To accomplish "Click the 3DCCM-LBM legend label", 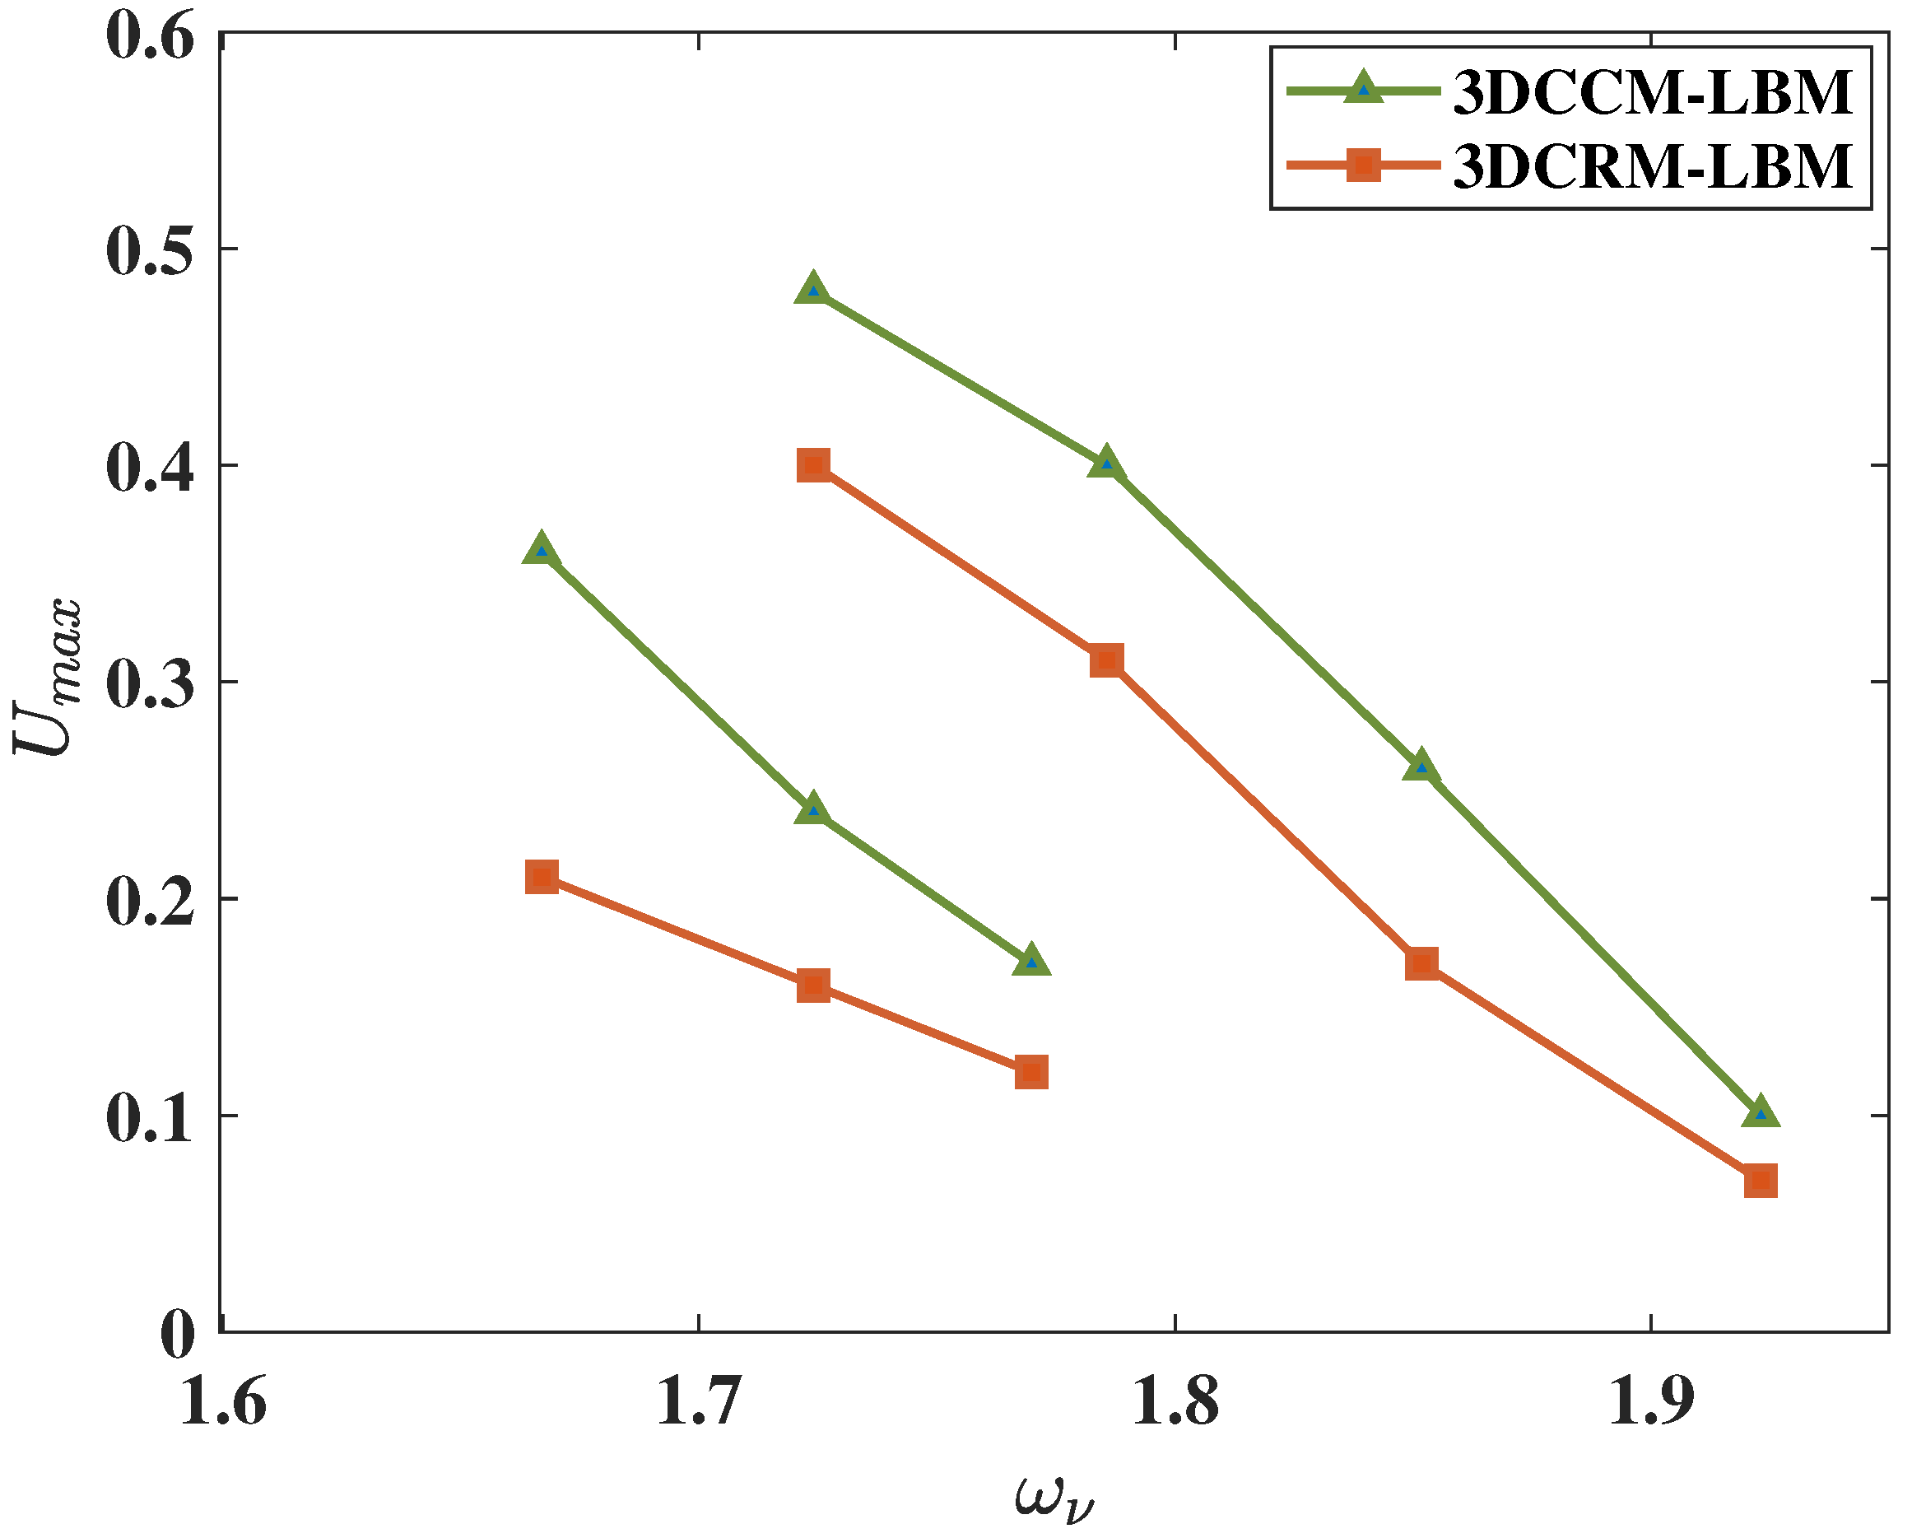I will tap(1653, 92).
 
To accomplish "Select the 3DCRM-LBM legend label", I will tap(1653, 165).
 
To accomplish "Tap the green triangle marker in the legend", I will tap(1364, 89).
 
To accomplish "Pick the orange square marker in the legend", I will tap(1364, 165).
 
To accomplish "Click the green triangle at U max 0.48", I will tap(813, 290).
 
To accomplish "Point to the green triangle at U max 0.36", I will tap(542, 551).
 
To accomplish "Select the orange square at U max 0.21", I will tap(542, 877).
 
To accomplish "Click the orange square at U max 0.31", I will tap(1106, 659).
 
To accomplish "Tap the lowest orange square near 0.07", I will tap(1761, 1181).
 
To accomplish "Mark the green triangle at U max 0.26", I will tap(1421, 767).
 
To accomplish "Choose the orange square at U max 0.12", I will tap(1030, 1071).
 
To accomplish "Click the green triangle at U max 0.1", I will tap(1761, 1113).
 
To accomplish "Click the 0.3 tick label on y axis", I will tap(150, 684).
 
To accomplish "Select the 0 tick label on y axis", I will tap(177, 1335).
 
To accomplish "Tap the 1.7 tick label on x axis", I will tap(699, 1403).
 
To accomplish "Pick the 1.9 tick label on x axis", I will tap(1651, 1403).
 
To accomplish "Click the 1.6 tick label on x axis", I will tap(222, 1403).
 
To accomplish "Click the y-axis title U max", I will tap(49, 678).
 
